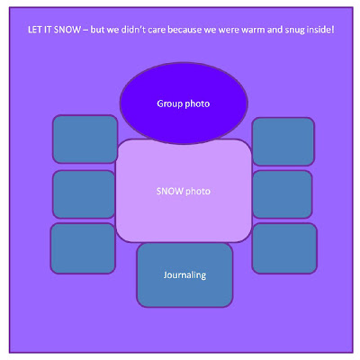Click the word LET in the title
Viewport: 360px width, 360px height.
35,30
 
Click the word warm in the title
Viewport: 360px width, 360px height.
253,30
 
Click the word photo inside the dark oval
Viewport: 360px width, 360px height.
197,104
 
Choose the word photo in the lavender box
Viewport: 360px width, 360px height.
198,192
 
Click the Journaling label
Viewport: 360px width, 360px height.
184,275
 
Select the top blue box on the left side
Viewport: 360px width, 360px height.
85,139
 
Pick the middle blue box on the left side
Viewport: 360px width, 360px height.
84,194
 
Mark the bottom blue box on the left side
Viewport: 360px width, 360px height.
83,248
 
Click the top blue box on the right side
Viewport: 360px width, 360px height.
283,141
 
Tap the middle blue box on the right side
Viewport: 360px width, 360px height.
283,194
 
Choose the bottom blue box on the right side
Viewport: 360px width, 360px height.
284,248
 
